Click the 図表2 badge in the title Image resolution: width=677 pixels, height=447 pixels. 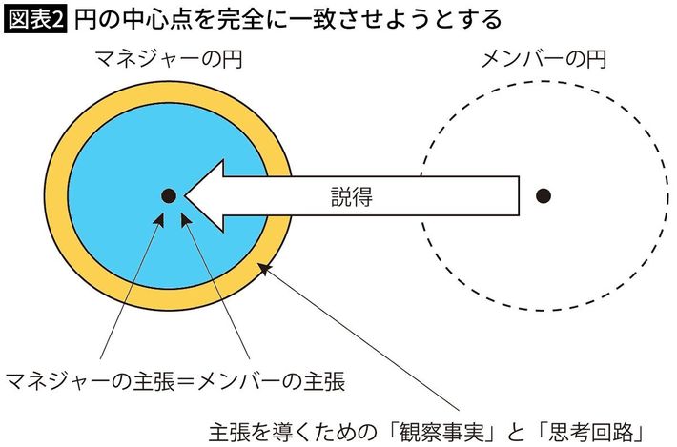35,18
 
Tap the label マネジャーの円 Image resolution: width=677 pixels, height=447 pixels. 168,60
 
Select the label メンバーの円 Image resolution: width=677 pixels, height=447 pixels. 541,60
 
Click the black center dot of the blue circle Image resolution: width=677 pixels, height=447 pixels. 167,195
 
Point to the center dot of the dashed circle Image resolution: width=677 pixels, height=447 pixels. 543,195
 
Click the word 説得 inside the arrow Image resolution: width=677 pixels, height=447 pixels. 351,197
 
